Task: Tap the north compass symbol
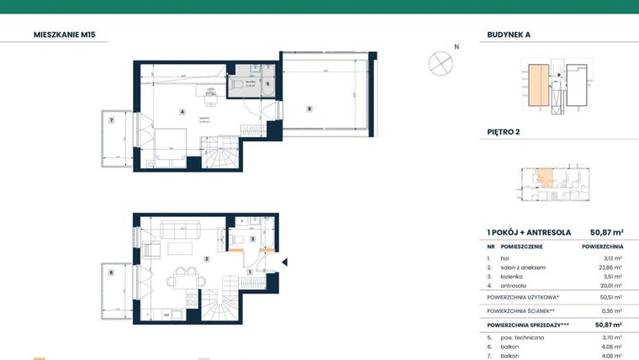pyautogui.click(x=439, y=62)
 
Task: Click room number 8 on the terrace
pyautogui.click(x=309, y=109)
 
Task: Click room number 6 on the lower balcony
pyautogui.click(x=110, y=272)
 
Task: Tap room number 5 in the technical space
pyautogui.click(x=267, y=84)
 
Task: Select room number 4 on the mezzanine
pyautogui.click(x=182, y=111)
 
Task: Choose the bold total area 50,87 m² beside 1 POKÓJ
pyautogui.click(x=605, y=232)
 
